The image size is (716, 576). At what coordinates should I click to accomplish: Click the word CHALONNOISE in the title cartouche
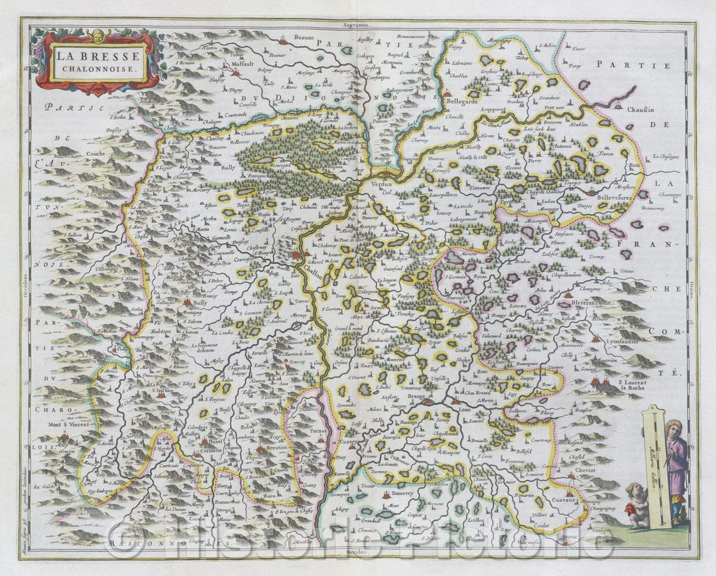(x=97, y=68)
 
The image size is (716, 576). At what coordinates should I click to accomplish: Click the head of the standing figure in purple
(x=674, y=427)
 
